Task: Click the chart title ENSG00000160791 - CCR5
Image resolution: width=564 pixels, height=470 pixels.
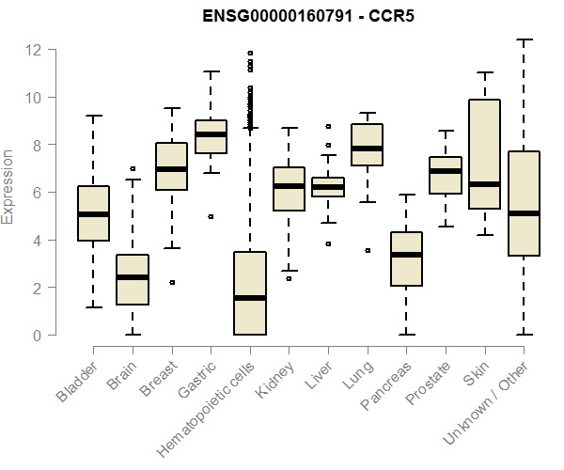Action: (x=309, y=16)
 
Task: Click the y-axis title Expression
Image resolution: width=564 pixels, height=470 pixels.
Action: (x=8, y=186)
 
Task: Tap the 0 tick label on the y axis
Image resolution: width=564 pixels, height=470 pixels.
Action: (x=39, y=336)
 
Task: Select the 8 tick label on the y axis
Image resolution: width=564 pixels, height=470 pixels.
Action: (x=39, y=145)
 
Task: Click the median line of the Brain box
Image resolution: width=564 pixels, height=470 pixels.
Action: (x=133, y=277)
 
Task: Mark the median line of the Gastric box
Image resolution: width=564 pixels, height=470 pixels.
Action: (x=211, y=134)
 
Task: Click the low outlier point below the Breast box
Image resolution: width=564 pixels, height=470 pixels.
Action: (x=172, y=282)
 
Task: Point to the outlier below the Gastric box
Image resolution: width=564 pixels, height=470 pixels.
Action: (x=211, y=216)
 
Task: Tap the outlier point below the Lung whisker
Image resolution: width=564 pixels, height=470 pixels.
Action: (x=368, y=250)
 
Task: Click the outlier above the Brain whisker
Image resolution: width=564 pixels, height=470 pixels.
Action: (x=133, y=168)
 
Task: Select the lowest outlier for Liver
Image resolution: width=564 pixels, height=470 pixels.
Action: (x=328, y=243)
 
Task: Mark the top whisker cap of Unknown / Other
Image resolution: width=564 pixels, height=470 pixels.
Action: (x=524, y=39)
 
